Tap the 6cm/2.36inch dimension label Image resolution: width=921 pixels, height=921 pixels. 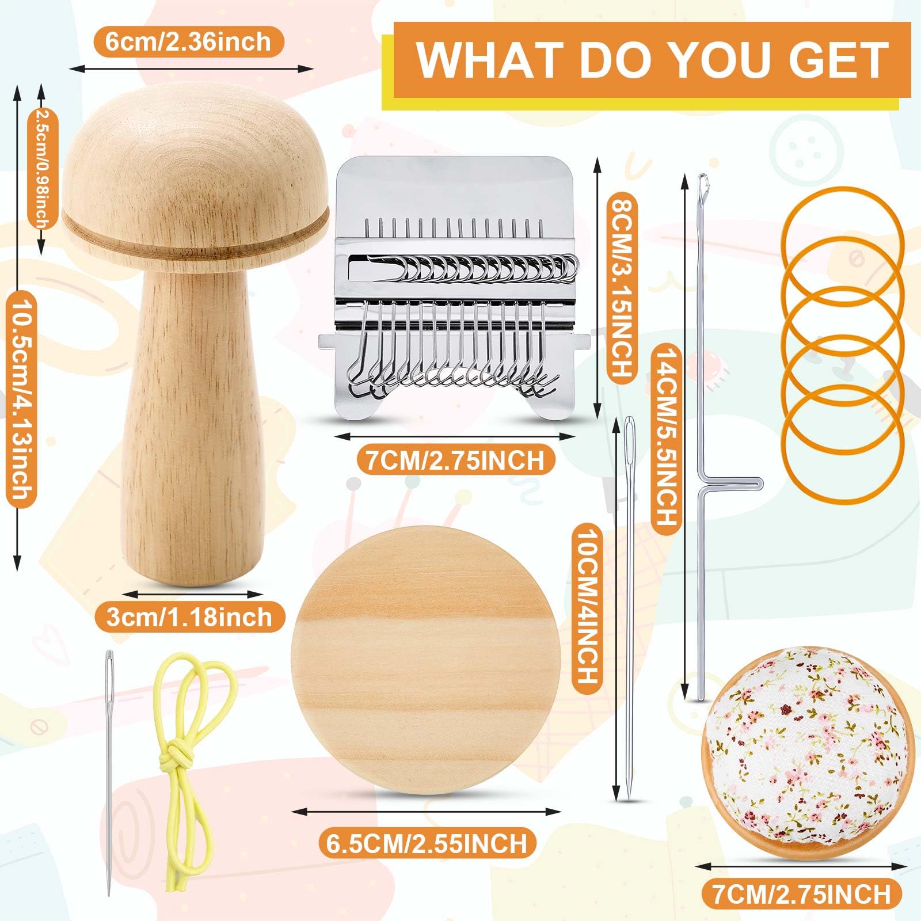pos(188,41)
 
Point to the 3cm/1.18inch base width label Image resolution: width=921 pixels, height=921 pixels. pos(189,617)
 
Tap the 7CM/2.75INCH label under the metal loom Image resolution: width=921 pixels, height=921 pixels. pos(451,460)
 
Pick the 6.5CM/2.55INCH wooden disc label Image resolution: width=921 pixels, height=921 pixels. pos(427,843)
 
